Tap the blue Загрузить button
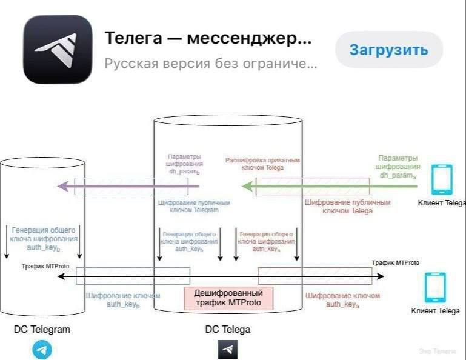(388, 50)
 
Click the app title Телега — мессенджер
(208, 38)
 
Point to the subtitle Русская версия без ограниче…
(210, 63)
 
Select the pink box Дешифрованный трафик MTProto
(228, 298)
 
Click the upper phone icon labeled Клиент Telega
(441, 180)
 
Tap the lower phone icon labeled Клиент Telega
(435, 287)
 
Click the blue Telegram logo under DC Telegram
(42, 350)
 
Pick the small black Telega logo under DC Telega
(228, 350)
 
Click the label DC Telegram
(42, 330)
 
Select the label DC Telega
(228, 330)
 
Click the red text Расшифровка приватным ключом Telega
(263, 164)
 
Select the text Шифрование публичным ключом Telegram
(188, 206)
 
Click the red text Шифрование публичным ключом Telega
(347, 206)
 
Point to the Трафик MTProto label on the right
(395, 263)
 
